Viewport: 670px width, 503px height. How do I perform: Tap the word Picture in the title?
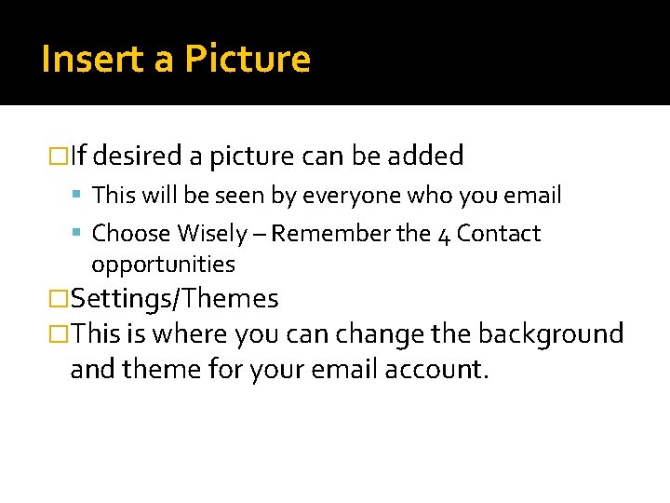point(247,60)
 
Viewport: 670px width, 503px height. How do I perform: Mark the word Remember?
point(331,233)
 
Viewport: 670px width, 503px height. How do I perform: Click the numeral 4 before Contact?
point(444,234)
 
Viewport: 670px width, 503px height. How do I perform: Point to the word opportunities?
point(163,265)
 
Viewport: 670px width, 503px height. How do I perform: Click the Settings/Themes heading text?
point(175,299)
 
